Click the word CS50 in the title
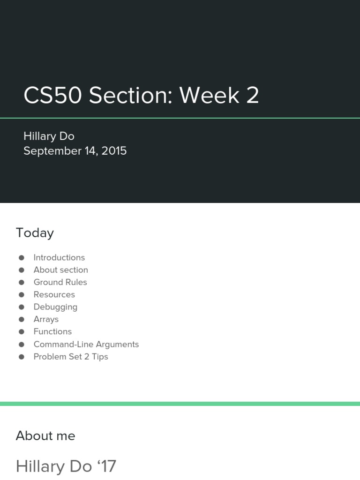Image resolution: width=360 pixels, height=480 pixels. click(52, 95)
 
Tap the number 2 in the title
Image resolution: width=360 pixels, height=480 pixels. click(252, 95)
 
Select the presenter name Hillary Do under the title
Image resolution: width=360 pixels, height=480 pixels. click(49, 136)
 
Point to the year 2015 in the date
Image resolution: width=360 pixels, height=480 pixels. click(114, 151)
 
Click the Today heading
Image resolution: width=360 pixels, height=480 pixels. click(35, 233)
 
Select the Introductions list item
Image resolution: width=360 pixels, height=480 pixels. click(59, 257)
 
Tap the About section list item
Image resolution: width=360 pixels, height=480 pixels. click(60, 270)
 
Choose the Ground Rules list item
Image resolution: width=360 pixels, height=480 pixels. click(60, 282)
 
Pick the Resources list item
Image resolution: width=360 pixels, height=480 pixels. click(54, 294)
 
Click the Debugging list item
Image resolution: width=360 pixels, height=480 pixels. click(55, 307)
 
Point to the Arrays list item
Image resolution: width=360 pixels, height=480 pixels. click(46, 319)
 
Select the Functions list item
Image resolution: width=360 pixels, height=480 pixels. click(52, 331)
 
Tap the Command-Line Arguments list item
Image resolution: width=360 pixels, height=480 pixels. click(86, 344)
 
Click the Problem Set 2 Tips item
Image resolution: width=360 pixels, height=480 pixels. click(71, 357)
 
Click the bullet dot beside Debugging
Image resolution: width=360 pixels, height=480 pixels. click(21, 307)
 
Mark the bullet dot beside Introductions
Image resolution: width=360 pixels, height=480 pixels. click(21, 257)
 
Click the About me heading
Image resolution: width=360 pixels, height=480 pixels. click(45, 436)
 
